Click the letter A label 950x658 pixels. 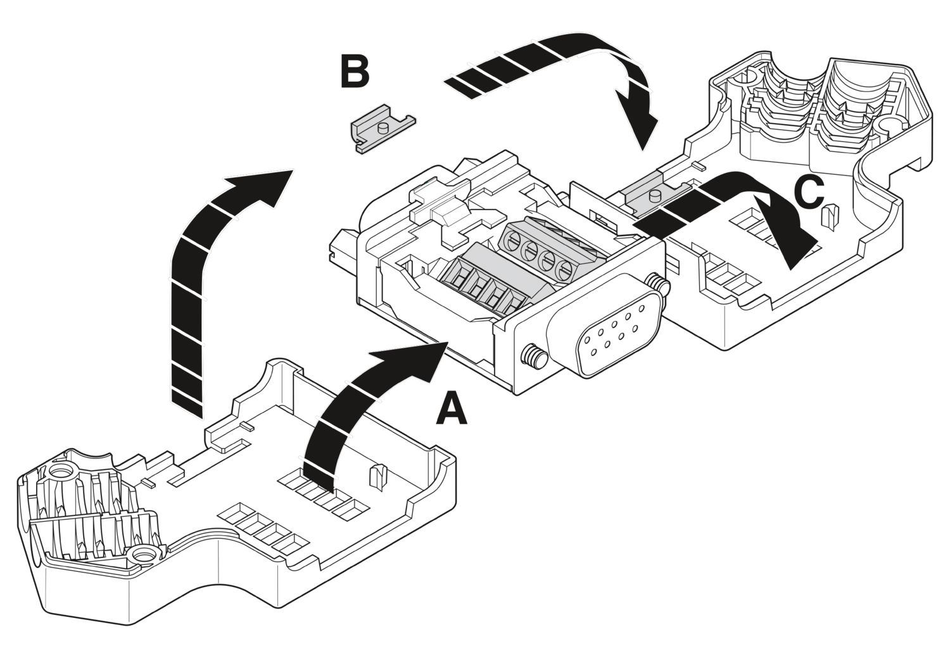pyautogui.click(x=451, y=409)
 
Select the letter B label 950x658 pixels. pyautogui.click(x=354, y=72)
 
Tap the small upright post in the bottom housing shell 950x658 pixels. pyautogui.click(x=377, y=476)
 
